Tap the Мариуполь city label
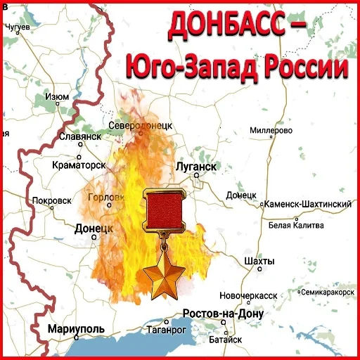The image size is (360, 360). [x=76, y=328]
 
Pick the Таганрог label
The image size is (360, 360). [x=167, y=328]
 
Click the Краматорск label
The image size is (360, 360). [x=79, y=165]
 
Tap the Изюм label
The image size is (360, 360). [x=56, y=96]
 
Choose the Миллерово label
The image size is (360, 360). [x=271, y=131]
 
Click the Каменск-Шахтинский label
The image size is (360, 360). [x=307, y=204]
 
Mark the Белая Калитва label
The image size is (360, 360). [x=296, y=225]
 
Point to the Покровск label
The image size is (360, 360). [x=52, y=200]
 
